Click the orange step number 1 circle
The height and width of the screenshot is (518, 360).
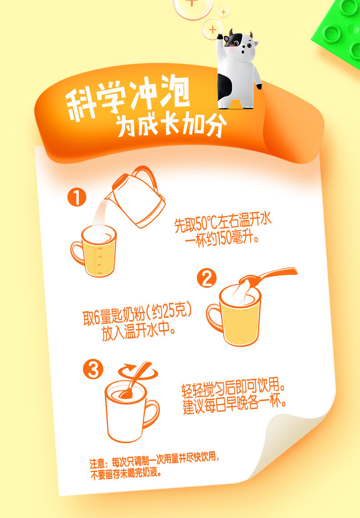[77, 197]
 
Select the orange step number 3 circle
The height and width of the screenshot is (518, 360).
[93, 369]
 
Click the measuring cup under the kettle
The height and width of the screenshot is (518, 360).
[94, 250]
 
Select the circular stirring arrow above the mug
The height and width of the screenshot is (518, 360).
[138, 372]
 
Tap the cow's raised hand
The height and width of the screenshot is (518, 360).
[220, 36]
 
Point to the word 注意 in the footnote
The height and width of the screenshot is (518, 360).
[98, 463]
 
